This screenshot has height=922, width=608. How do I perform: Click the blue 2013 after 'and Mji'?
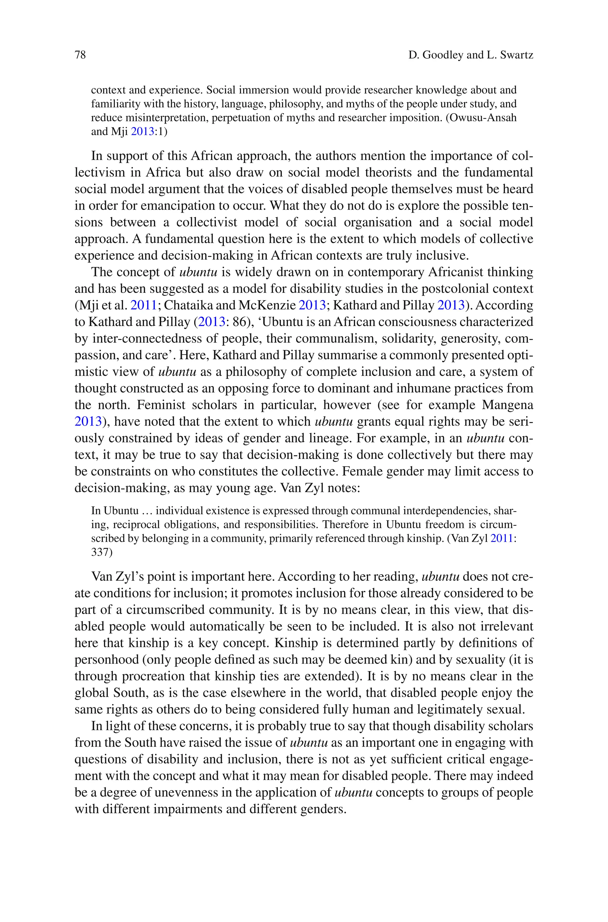pos(142,132)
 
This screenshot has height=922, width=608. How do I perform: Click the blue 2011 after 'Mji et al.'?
pos(143,306)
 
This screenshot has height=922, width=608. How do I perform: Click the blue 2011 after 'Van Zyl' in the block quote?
pos(502,539)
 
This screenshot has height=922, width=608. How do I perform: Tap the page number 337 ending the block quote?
pos(102,552)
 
